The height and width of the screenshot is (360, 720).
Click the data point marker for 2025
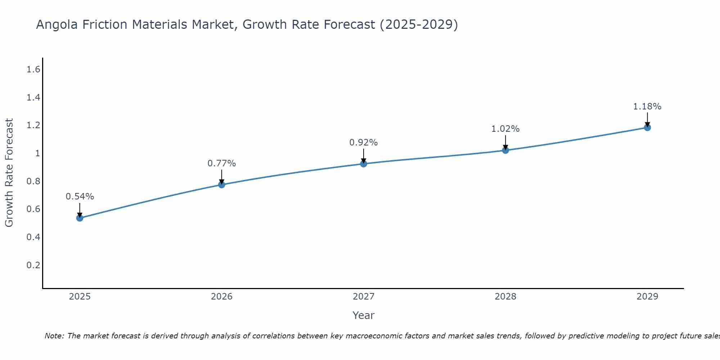80,218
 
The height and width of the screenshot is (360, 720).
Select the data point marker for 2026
222,185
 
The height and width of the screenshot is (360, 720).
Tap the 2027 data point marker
364,164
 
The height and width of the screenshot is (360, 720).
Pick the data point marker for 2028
505,150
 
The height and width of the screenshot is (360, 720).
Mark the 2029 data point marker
647,127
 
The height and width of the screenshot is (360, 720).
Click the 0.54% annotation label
80,197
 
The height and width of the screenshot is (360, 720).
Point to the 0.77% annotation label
222,163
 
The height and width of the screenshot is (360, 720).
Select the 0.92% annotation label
364,143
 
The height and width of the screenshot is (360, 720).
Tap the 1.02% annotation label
505,129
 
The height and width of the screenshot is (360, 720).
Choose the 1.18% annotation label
647,107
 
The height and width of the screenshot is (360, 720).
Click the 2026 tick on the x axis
222,297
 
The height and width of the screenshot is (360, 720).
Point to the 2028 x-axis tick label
505,297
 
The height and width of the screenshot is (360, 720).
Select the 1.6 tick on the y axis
33,69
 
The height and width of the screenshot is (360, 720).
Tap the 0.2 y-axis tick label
33,265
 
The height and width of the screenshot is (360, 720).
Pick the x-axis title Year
364,315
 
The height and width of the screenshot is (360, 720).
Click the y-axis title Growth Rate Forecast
9,173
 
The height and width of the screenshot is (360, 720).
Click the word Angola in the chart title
57,24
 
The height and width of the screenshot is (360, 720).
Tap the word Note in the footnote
54,336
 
